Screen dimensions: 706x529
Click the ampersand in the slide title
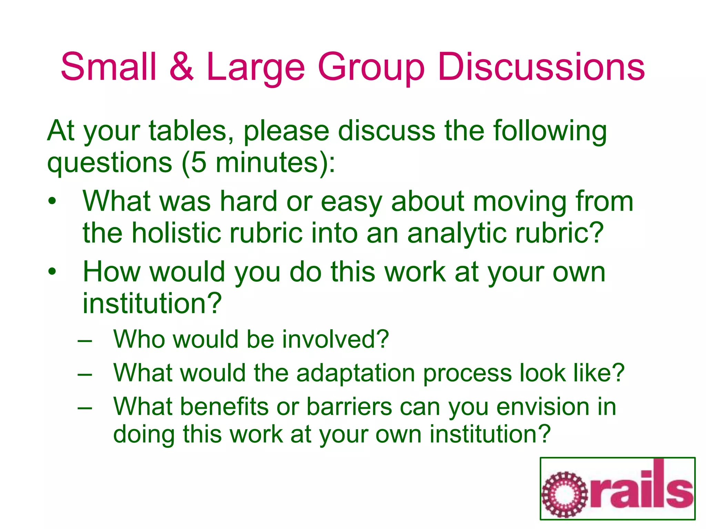(x=182, y=67)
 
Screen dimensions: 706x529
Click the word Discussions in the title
(x=541, y=67)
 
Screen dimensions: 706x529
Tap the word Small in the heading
(x=109, y=67)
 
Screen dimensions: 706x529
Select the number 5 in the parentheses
(x=198, y=163)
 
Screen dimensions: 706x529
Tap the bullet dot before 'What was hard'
(x=52, y=201)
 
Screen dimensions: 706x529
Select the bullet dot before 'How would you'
(x=52, y=272)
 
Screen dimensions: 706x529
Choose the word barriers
(x=349, y=407)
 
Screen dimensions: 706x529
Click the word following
(x=549, y=131)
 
